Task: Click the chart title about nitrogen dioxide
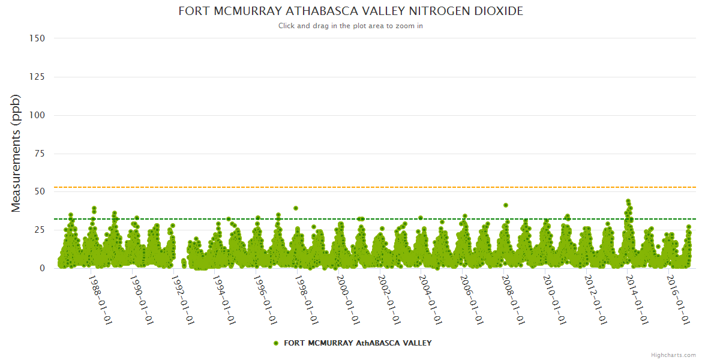[351, 11]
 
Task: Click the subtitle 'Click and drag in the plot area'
[351, 26]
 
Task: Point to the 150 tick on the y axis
[37, 38]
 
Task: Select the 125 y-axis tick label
[37, 77]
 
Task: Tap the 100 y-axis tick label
[37, 115]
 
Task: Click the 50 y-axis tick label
[40, 192]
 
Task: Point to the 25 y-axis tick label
[40, 230]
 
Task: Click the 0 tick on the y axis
[42, 268]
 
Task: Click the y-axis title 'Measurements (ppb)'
[17, 154]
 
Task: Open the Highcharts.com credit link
[673, 355]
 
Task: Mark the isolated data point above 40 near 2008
[506, 205]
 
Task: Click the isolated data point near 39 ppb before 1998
[296, 208]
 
